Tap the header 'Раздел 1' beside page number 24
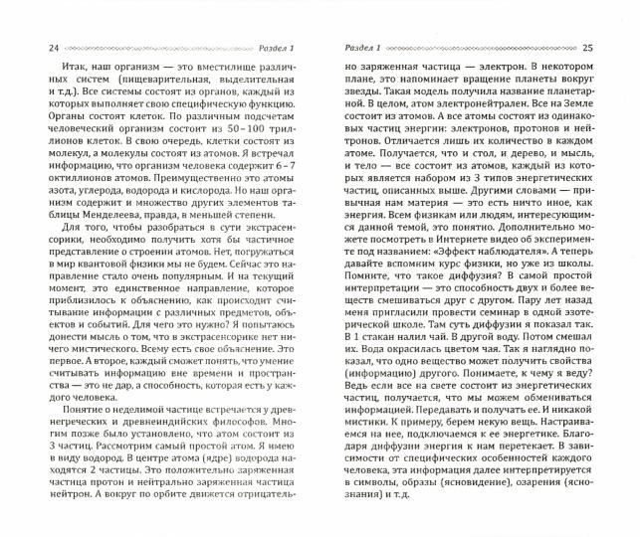click(x=273, y=46)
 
